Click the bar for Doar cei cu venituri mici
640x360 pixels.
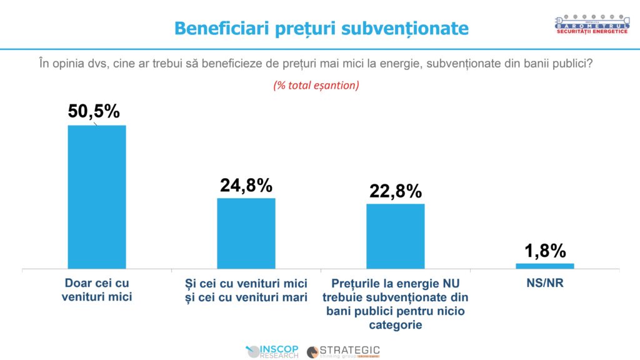[96, 197]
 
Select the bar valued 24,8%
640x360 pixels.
[246, 233]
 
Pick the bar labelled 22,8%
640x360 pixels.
[395, 236]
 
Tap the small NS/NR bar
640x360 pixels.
[544, 266]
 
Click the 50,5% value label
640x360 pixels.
[94, 111]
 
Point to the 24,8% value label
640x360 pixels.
[246, 185]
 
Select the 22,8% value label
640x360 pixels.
[395, 191]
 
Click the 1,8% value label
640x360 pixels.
[545, 251]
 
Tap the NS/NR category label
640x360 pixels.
[544, 283]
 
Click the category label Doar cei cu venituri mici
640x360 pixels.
[97, 290]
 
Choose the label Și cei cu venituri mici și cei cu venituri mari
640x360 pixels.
[246, 290]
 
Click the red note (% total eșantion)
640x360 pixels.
[316, 86]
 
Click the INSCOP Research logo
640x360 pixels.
[273, 351]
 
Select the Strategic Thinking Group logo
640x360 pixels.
[343, 351]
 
